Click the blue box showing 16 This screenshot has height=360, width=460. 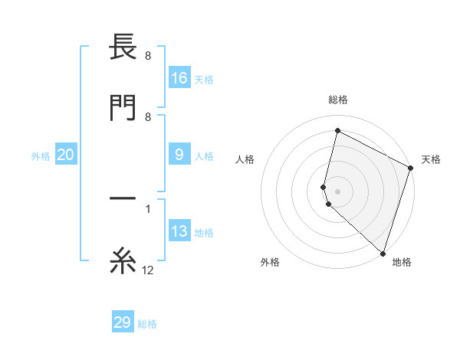pos(179,77)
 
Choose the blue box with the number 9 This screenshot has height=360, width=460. pos(179,155)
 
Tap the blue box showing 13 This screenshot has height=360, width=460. pos(179,232)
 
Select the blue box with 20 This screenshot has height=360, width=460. pos(66,155)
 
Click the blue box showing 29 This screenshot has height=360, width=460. pos(123,322)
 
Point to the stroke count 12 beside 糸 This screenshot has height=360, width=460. pos(148,270)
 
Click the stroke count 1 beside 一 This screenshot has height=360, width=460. pos(148,208)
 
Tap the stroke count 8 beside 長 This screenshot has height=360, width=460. pos(148,56)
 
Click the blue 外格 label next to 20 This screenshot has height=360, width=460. pos(41,156)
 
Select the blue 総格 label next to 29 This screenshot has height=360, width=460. pos(147,324)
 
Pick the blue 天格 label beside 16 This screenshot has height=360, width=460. pos(204,79)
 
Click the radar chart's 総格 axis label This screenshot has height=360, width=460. pos(338,100)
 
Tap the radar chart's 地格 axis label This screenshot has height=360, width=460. pos(402,262)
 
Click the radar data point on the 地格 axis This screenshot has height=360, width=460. pos(382,252)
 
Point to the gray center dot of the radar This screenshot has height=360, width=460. pos(338,191)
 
